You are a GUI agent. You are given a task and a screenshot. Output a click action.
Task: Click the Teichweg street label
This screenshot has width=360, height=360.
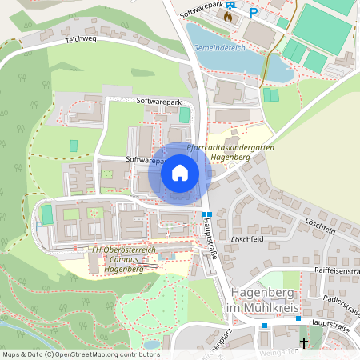[80, 38]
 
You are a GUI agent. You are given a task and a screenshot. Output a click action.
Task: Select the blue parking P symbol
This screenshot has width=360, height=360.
[254, 13]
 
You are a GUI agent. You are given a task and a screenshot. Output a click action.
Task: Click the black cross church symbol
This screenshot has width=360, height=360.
[303, 344]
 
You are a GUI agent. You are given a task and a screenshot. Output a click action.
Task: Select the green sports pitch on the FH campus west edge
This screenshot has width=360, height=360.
[46, 214]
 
